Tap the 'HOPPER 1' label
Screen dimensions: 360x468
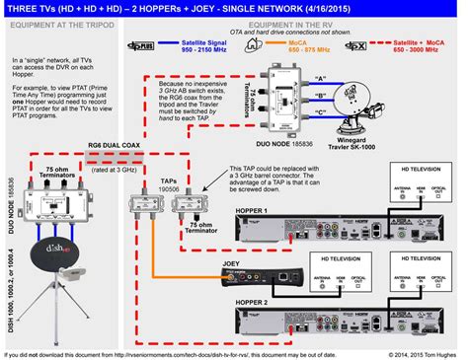(251, 212)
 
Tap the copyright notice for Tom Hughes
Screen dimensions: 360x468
(411, 353)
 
